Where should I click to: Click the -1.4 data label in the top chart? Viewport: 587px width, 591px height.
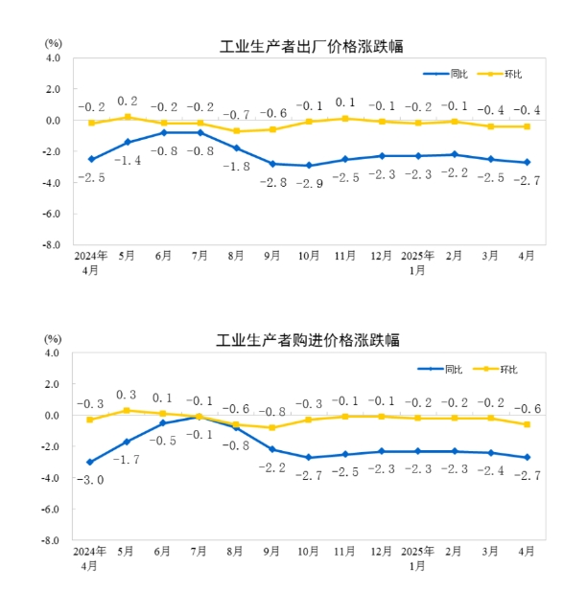click(128, 160)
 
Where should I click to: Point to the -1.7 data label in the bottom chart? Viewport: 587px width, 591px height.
click(128, 460)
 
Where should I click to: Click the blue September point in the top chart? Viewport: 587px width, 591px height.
click(272, 164)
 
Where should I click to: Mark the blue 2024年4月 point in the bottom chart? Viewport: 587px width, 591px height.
click(91, 462)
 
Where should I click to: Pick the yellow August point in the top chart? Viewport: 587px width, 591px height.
click(236, 131)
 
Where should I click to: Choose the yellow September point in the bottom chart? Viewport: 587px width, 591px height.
click(272, 427)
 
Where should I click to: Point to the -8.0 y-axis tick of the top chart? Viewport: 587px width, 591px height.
click(53, 245)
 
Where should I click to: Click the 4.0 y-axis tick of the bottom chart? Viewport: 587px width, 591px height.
click(54, 352)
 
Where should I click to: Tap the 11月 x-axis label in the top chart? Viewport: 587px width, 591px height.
click(345, 257)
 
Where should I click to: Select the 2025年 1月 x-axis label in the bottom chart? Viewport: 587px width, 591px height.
click(417, 557)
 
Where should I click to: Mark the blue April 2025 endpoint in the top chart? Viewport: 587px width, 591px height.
click(527, 163)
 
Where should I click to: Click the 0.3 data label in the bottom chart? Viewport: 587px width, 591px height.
click(128, 395)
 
